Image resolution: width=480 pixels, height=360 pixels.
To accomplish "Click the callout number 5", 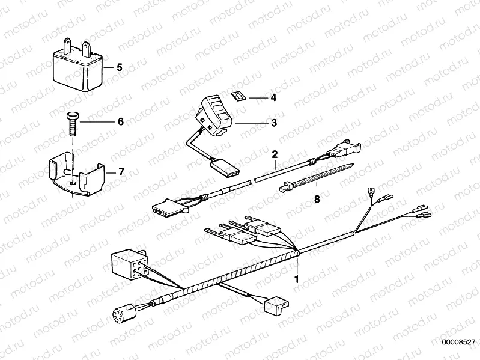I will click(x=119, y=67).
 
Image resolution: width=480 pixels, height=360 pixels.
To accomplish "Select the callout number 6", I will click(x=120, y=121).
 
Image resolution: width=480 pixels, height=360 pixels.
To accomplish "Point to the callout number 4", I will click(x=273, y=97).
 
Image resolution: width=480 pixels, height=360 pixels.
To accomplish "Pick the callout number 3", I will click(x=273, y=123).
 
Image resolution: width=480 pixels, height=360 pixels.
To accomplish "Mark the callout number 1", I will click(x=296, y=279).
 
